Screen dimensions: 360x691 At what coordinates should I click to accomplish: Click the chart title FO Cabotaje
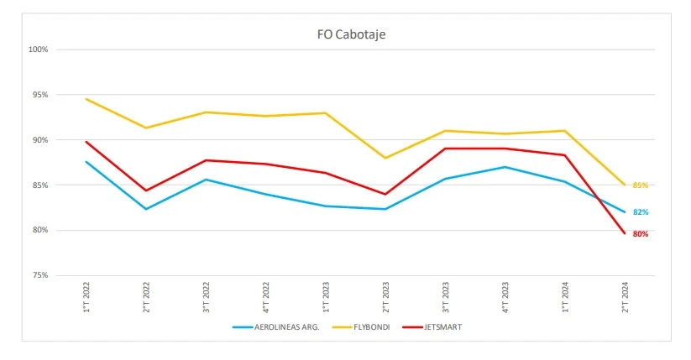(345, 34)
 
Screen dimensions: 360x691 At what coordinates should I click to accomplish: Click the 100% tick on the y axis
(39, 50)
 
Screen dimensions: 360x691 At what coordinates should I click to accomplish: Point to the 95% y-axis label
(40, 95)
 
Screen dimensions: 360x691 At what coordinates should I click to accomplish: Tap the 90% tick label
(40, 140)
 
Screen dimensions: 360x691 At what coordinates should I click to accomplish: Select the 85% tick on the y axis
(40, 185)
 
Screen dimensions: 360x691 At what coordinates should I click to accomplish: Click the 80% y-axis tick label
(40, 230)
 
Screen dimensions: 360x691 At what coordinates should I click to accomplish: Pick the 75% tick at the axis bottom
(40, 275)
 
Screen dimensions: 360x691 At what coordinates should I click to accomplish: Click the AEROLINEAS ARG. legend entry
(276, 327)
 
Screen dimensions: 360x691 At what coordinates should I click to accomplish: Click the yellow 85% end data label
(640, 185)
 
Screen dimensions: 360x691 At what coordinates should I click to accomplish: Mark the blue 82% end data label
(640, 212)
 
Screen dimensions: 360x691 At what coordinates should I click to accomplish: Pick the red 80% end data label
(640, 234)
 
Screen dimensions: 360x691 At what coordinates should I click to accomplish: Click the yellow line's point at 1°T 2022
(86, 99)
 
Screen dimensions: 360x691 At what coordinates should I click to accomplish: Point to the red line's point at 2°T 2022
(146, 190)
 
